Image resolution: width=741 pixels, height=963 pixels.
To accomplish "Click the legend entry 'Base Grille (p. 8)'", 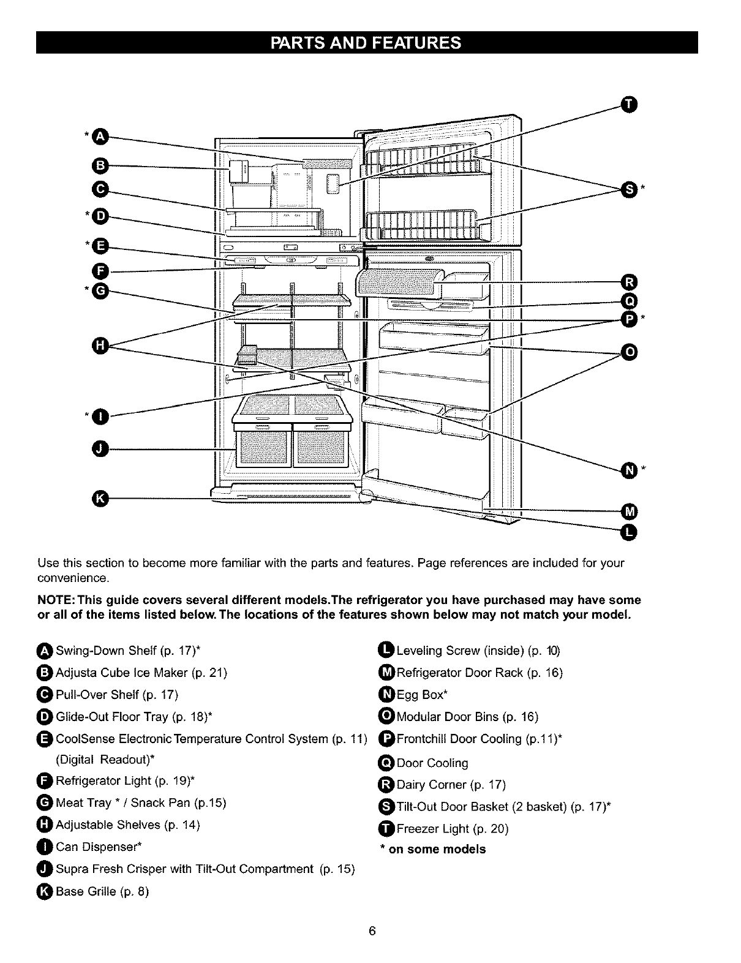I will tap(102, 891).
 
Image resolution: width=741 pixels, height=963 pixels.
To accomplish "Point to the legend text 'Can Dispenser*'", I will tap(99, 847).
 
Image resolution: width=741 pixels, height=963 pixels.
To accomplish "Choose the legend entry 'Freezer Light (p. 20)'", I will tap(453, 829).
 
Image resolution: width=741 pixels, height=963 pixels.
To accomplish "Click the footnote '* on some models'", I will tap(433, 850).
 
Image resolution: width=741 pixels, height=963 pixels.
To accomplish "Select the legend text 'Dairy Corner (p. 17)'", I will tap(451, 785).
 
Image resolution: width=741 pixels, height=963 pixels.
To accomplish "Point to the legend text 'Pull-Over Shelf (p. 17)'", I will tap(117, 695).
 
